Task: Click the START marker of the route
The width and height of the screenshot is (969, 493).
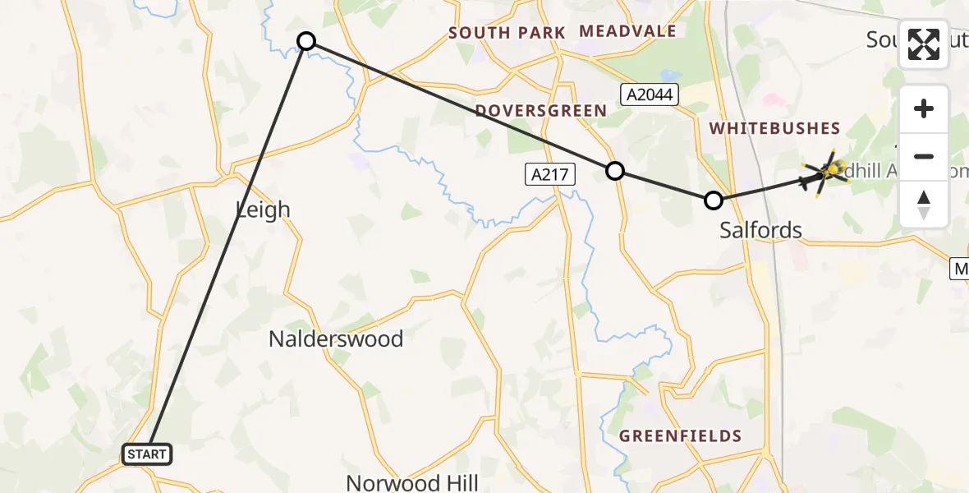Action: point(147,454)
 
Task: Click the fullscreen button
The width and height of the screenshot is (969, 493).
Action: point(924,44)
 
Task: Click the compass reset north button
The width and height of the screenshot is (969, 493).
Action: point(924,205)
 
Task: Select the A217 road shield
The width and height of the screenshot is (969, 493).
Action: point(550,174)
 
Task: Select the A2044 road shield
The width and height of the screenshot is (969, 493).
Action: point(650,94)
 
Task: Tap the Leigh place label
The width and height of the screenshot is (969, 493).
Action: point(263,210)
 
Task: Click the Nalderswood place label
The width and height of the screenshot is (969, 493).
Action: point(336,339)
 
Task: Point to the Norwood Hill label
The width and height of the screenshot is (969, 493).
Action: point(411,482)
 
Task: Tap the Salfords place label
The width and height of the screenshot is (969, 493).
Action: point(760,230)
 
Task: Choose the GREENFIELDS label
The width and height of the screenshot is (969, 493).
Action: point(681,436)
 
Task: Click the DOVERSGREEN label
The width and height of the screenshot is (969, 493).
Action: point(540,111)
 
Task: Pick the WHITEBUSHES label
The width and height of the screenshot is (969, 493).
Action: point(774,128)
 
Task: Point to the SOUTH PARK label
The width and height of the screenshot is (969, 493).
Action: point(507,33)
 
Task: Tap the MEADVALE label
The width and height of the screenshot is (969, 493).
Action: point(627,31)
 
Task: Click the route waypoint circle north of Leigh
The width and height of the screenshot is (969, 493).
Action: point(305,41)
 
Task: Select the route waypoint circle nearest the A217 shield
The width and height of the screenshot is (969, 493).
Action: point(615,171)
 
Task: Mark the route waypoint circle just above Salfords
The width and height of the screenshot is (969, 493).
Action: point(714,200)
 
